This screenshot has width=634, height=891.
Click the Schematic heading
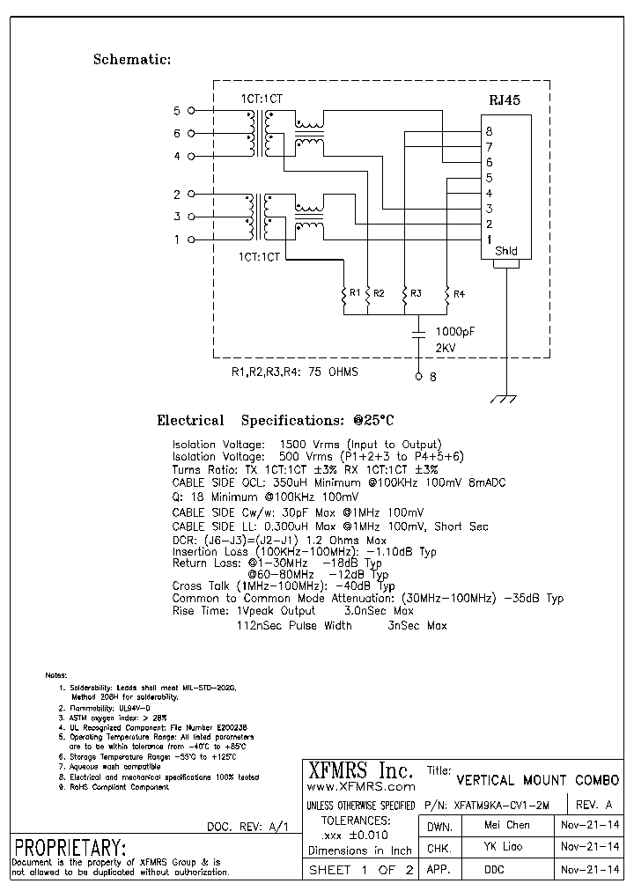131,60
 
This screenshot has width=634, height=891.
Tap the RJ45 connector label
505,101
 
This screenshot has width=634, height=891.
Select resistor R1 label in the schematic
355,292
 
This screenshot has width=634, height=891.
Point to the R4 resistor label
459,292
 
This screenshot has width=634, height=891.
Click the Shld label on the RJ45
505,251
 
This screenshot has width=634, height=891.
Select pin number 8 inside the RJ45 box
489,132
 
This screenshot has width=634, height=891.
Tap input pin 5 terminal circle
192,111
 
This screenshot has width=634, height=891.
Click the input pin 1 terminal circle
192,239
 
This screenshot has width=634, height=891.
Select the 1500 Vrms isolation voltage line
306,445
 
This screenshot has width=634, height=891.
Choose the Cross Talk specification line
284,585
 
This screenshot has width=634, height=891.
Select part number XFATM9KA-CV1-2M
499,806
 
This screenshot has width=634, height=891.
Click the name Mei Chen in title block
507,825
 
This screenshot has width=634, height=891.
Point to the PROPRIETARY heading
70,848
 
